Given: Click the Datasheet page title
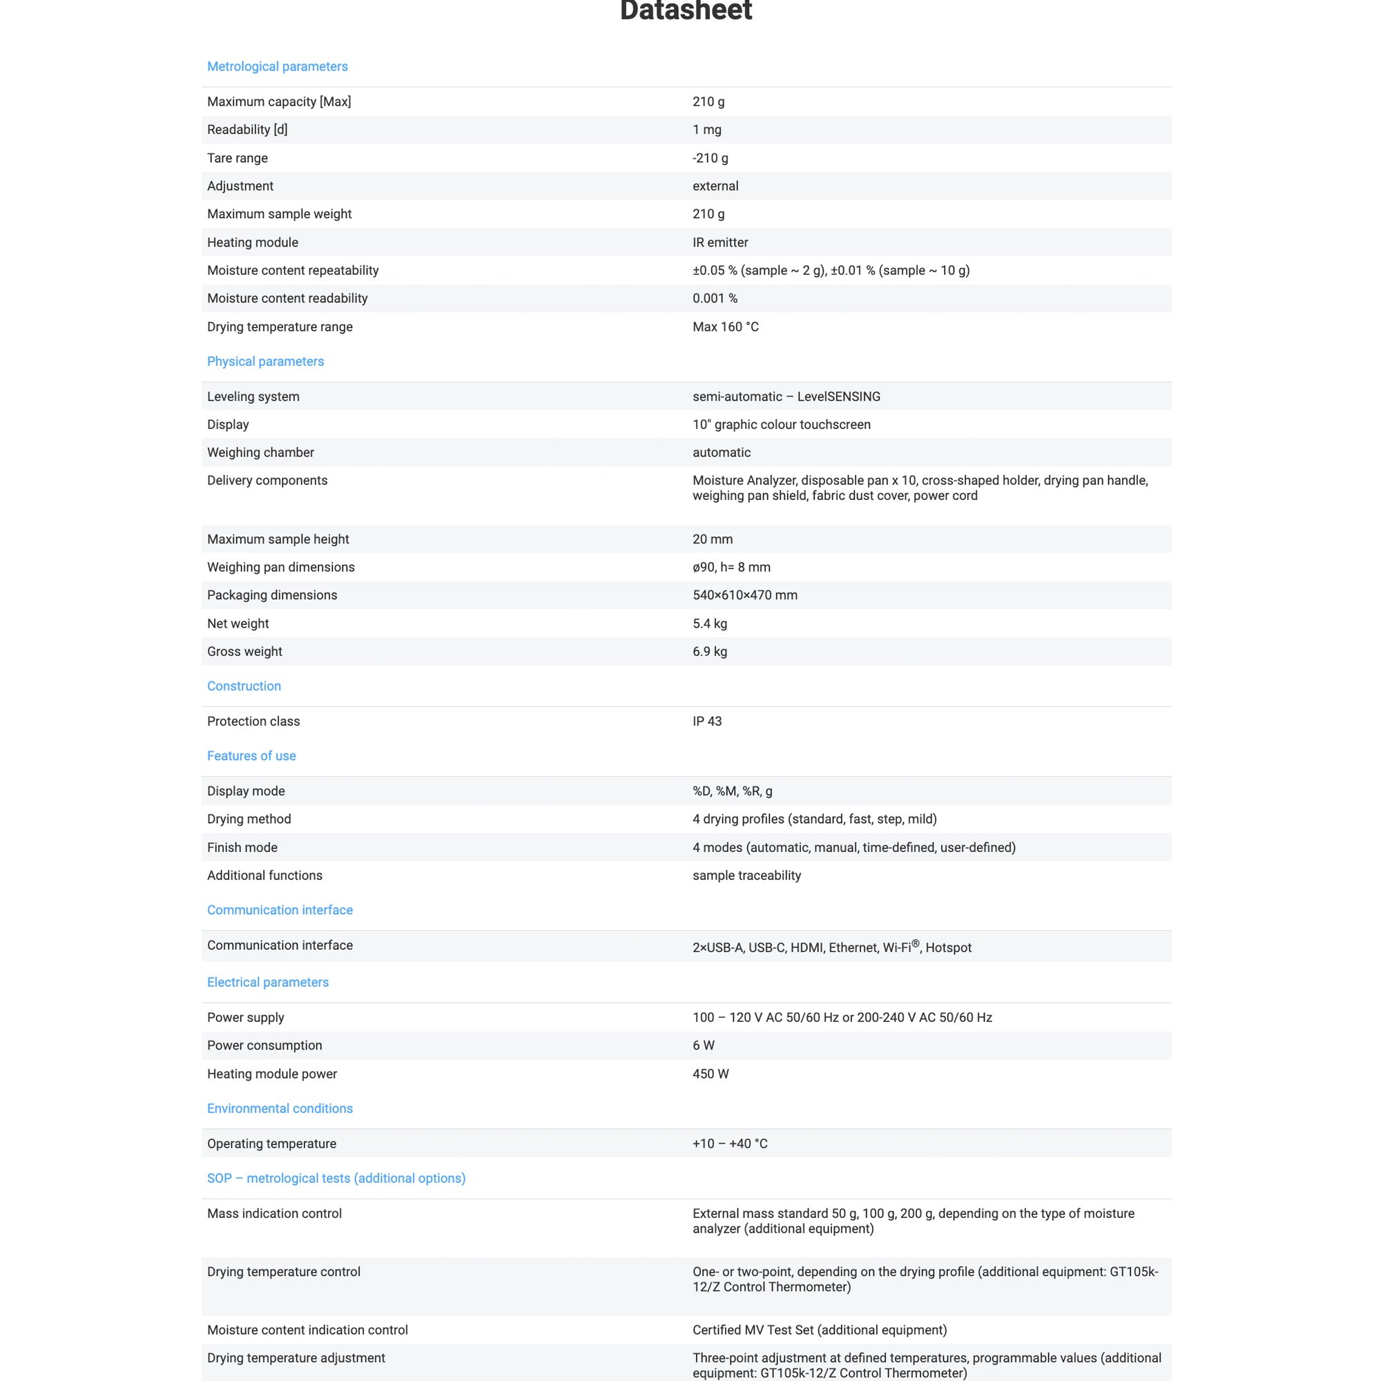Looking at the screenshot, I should (686, 11).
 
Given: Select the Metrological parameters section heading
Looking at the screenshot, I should (278, 66).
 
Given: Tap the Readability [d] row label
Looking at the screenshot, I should (247, 129).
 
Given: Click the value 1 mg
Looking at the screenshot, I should (706, 129).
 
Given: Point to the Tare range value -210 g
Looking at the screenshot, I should (710, 158).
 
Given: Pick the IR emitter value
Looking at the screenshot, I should (720, 242).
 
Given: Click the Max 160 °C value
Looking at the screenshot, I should (725, 327).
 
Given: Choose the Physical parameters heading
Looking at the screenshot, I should (265, 361).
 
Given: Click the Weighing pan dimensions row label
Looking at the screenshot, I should (281, 567).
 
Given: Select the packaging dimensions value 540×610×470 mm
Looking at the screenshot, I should (744, 595).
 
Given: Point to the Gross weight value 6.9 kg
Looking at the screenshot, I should (709, 651).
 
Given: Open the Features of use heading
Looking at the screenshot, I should (251, 755).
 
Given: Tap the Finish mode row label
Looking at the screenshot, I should (242, 847).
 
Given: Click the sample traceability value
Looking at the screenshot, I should (746, 875).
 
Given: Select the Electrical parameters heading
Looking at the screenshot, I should (267, 982).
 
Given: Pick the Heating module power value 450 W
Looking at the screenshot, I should (710, 1074).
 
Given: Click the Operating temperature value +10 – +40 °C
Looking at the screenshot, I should (729, 1143).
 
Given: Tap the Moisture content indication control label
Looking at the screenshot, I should (307, 1329).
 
